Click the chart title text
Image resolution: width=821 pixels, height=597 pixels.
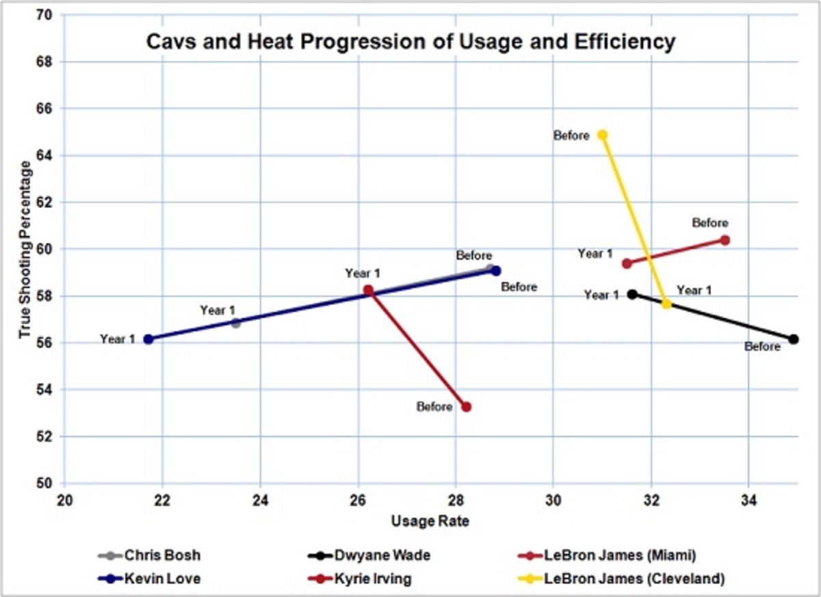click(410, 42)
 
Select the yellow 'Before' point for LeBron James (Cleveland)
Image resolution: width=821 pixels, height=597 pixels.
click(602, 135)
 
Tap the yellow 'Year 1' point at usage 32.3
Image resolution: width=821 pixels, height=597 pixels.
click(666, 303)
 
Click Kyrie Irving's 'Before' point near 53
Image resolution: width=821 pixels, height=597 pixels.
click(467, 407)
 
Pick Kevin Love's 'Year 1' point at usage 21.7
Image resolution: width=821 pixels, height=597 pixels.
click(148, 339)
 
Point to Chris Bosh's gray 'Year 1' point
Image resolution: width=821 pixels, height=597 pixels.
click(235, 323)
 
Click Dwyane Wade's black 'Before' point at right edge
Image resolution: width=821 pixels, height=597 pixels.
click(794, 339)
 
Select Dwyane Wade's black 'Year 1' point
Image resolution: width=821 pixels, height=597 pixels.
click(632, 294)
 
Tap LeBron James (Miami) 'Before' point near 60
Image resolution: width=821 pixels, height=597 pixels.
click(725, 240)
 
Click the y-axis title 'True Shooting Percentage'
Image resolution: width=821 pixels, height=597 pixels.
click(25, 249)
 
